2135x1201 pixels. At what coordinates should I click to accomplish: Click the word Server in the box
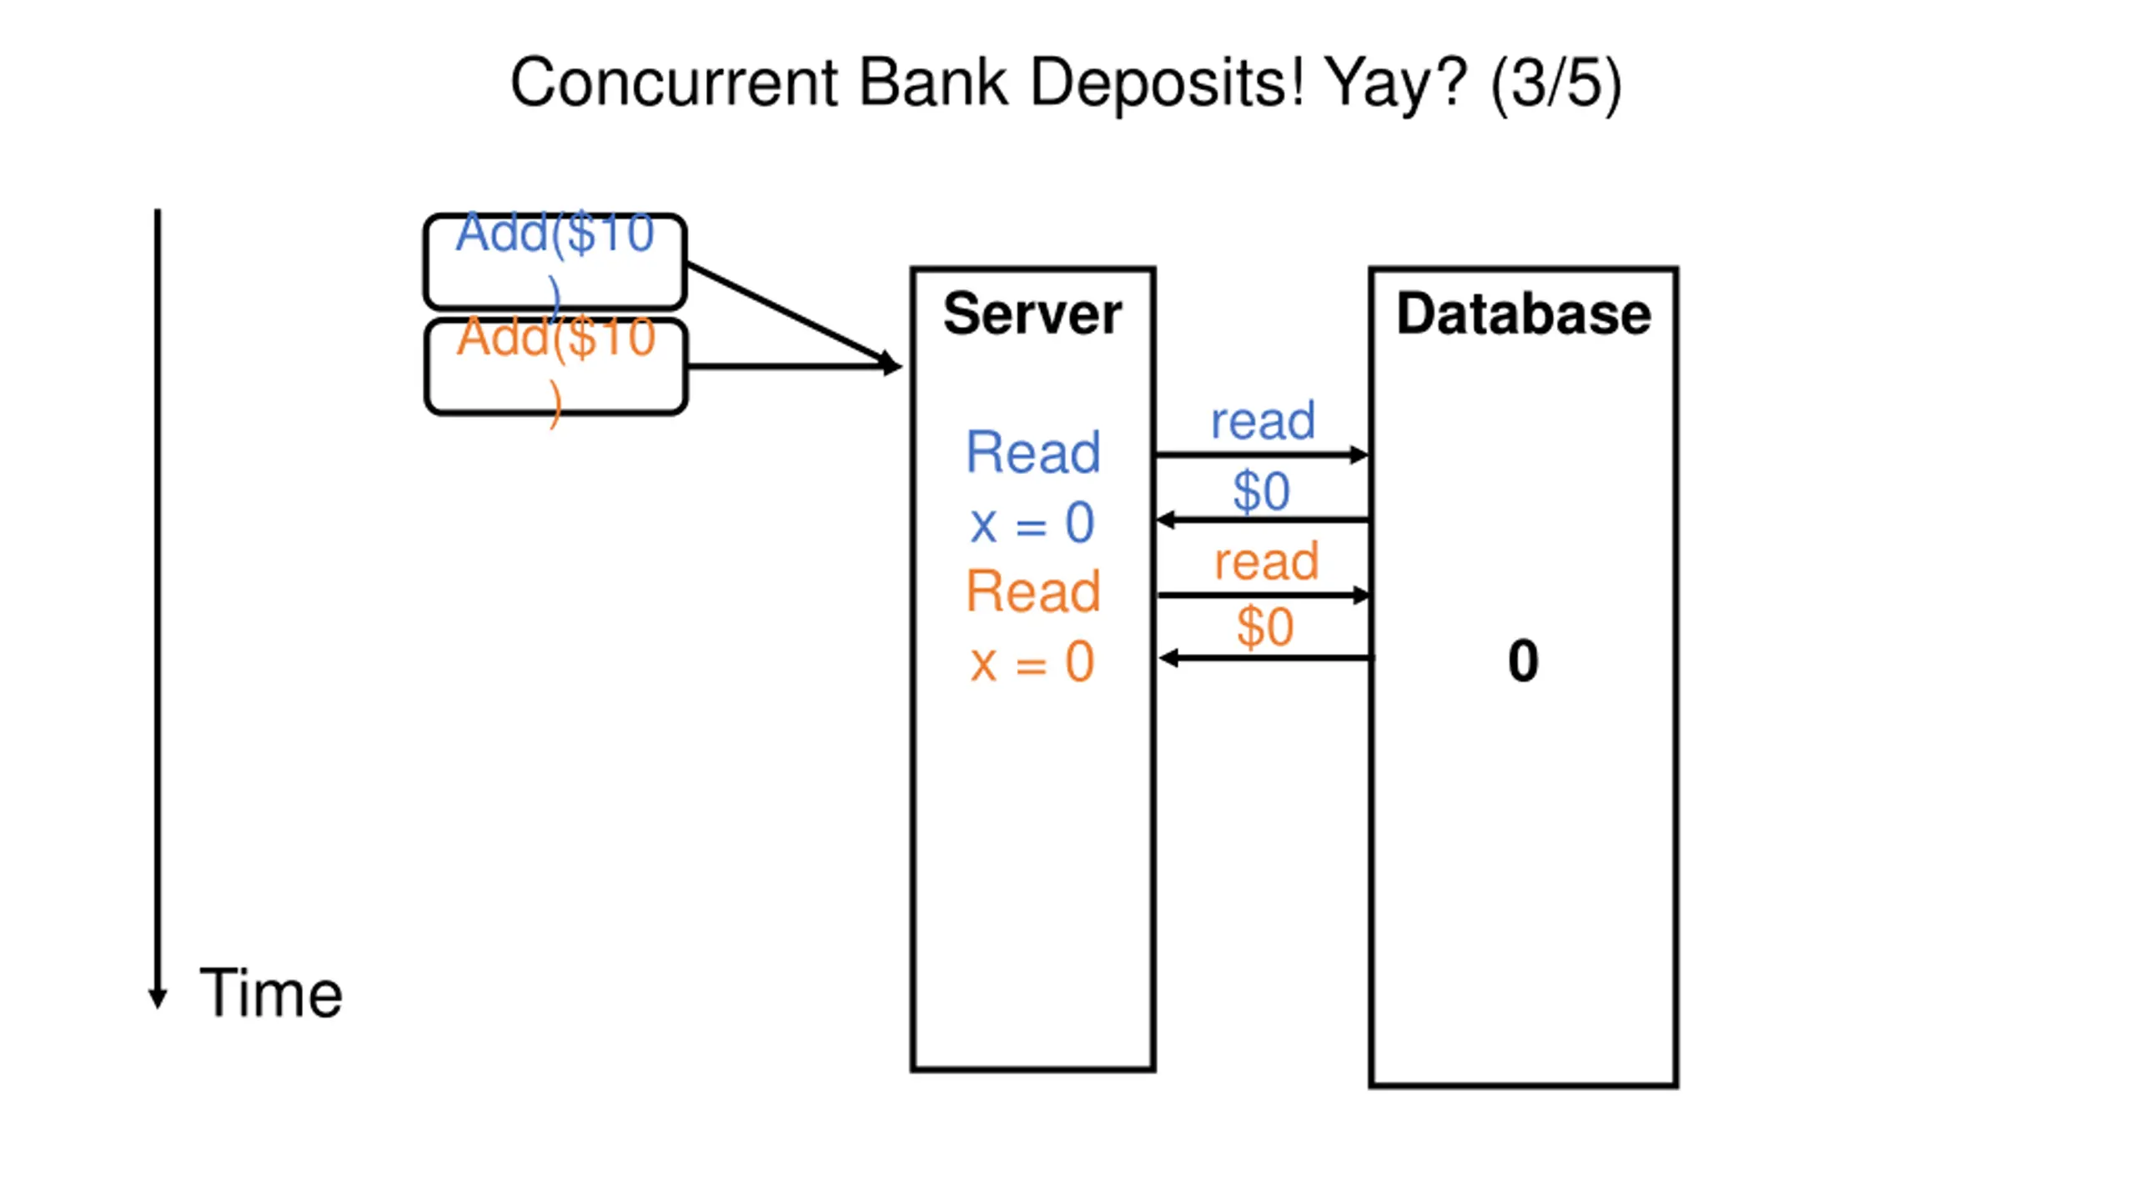[x=1032, y=314]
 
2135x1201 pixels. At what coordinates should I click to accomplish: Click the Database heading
[x=1523, y=314]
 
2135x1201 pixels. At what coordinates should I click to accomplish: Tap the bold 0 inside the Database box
[x=1523, y=661]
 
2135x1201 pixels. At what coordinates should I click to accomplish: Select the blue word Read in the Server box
[x=1032, y=453]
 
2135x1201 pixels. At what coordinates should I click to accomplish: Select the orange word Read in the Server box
[x=1032, y=591]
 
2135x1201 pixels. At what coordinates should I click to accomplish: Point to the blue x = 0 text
[x=1032, y=523]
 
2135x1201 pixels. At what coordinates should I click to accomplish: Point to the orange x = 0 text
[x=1032, y=662]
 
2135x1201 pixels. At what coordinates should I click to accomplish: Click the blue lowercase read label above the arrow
[x=1263, y=420]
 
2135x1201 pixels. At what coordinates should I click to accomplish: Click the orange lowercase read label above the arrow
[x=1266, y=560]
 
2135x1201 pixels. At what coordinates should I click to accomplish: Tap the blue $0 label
[x=1261, y=491]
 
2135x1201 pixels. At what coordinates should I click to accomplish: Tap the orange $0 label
[x=1264, y=627]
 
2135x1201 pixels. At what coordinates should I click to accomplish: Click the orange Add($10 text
[x=555, y=338]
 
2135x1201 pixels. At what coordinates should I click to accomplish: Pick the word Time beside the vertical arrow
[x=271, y=993]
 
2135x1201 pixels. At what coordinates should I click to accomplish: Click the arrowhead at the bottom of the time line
[x=158, y=999]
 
